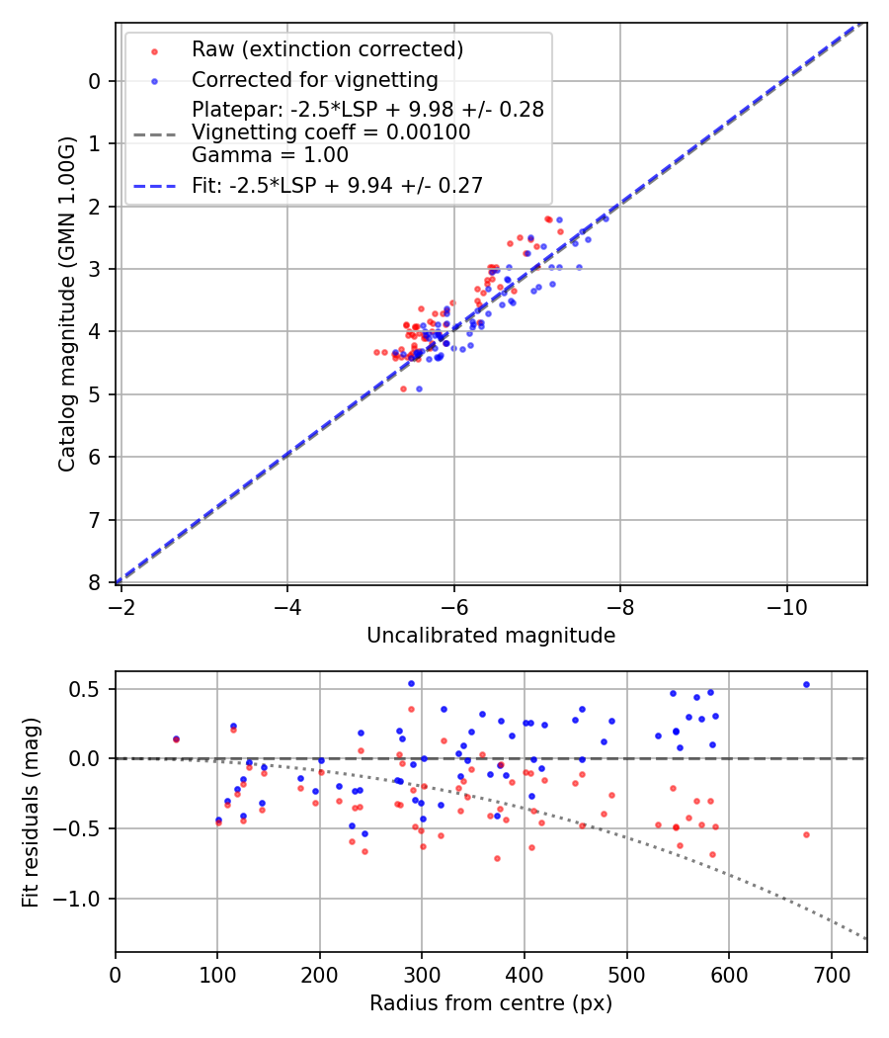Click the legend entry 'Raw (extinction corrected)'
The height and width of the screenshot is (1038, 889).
[327, 48]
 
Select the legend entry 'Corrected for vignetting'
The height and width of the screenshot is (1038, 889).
[314, 79]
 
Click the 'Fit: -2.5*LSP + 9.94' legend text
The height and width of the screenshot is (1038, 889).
[337, 185]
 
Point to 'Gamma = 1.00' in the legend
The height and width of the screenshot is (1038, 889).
[270, 154]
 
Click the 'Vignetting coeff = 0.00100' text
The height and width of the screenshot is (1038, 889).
[331, 131]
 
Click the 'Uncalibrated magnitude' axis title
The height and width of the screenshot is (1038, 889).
[491, 636]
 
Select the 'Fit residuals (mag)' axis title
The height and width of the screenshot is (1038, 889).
[31, 812]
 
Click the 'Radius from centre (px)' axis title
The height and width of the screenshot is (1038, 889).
[491, 1003]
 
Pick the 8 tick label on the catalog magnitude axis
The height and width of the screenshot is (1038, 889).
[95, 582]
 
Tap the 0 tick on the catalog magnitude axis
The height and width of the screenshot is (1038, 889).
[95, 81]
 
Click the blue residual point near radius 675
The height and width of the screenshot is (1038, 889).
[806, 684]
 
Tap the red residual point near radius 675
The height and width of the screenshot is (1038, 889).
[806, 834]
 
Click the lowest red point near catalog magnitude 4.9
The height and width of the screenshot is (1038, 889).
[403, 389]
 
